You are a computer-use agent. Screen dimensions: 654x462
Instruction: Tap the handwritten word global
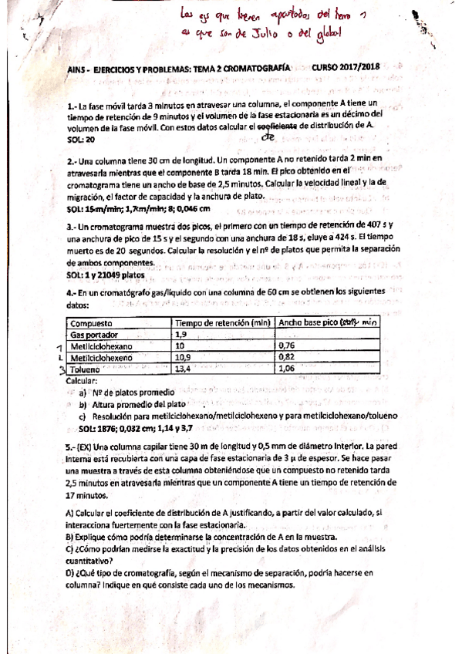(323, 32)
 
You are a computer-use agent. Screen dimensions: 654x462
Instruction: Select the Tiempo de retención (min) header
(222, 323)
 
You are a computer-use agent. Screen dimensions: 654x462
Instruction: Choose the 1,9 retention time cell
(182, 335)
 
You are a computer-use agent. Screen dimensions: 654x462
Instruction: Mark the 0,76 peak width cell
(286, 346)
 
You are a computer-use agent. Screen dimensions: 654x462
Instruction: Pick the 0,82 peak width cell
(286, 358)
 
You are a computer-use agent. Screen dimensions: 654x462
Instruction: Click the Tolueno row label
(86, 369)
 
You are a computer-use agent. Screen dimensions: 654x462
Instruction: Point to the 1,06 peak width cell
(286, 369)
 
